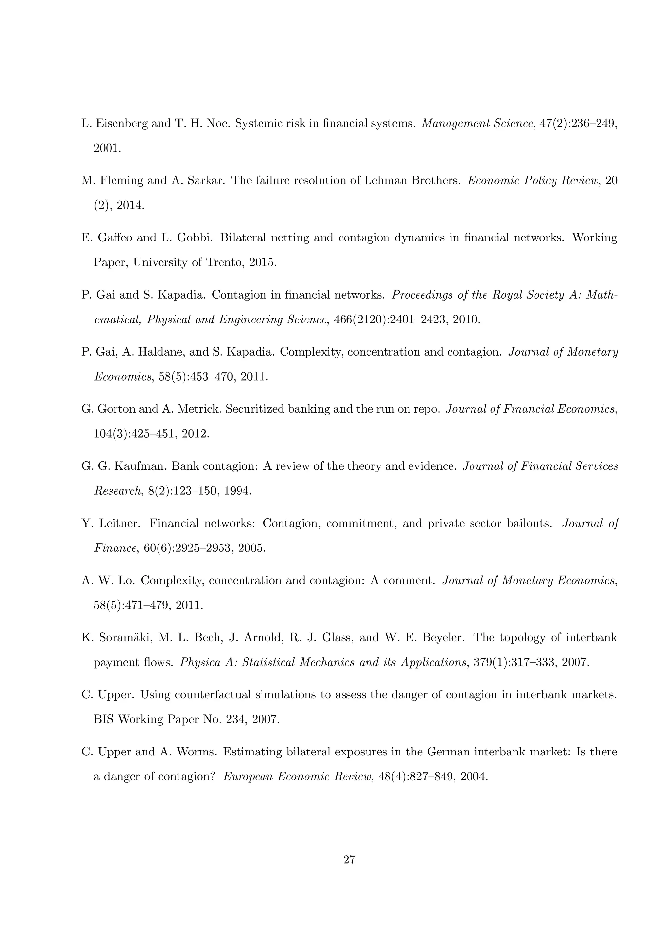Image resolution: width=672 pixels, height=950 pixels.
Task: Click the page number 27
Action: coord(349,860)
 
